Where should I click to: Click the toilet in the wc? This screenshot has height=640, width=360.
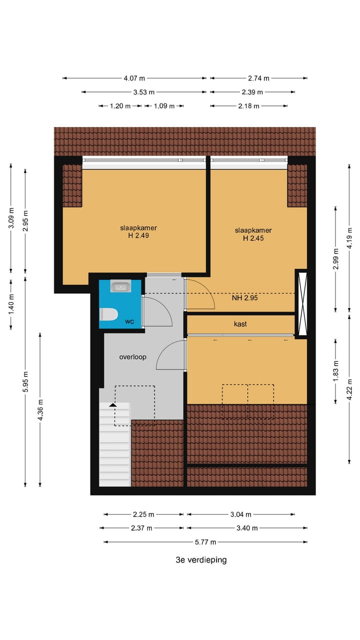click(x=109, y=314)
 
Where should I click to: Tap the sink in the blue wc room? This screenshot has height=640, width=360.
click(x=120, y=286)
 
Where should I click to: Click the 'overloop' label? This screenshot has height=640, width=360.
click(x=132, y=357)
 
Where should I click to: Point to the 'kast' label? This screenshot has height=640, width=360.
click(x=240, y=324)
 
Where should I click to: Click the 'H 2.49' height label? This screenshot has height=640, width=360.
click(x=134, y=236)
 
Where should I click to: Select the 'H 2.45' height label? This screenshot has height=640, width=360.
click(x=253, y=238)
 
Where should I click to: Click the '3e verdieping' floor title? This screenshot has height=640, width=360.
click(x=201, y=560)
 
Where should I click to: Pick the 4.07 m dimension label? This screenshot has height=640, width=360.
click(x=134, y=78)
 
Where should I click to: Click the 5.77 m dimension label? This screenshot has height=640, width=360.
click(x=205, y=542)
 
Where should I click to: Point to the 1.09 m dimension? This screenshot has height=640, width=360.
click(x=164, y=106)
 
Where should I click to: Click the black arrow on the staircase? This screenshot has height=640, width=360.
click(x=113, y=405)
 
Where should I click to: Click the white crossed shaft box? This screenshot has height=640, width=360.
click(x=301, y=303)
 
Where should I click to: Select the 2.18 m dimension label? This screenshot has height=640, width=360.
click(x=249, y=106)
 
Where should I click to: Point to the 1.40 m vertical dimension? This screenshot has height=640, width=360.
click(x=11, y=303)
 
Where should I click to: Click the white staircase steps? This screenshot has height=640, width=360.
click(x=114, y=450)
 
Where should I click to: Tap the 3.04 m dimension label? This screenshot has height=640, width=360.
click(x=241, y=514)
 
